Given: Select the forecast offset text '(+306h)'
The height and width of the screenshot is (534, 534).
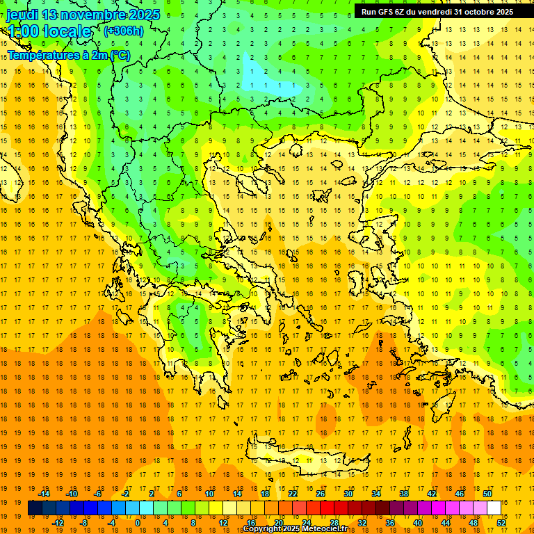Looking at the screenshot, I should (x=124, y=31).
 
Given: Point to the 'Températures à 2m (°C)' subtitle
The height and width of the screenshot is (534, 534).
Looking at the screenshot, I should (x=68, y=55).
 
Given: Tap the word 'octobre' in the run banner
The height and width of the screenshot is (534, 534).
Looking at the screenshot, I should (x=479, y=11).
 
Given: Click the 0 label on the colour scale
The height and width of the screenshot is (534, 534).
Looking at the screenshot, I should (x=137, y=523).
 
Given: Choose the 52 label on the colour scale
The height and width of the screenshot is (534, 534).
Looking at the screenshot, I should (x=501, y=523).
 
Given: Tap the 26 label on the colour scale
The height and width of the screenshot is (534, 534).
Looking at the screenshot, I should (x=321, y=494).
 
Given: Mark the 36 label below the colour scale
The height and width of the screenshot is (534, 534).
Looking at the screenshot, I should (x=389, y=523).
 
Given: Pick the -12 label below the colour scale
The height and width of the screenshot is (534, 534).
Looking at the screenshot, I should (x=58, y=523).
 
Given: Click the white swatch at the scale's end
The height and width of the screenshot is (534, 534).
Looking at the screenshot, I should (x=494, y=508).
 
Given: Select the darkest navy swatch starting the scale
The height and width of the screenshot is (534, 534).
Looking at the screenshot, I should (x=35, y=508).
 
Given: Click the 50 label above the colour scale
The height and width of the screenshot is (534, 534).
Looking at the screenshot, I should (x=487, y=494).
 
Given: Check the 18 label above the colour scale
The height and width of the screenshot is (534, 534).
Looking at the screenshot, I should (x=264, y=494).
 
